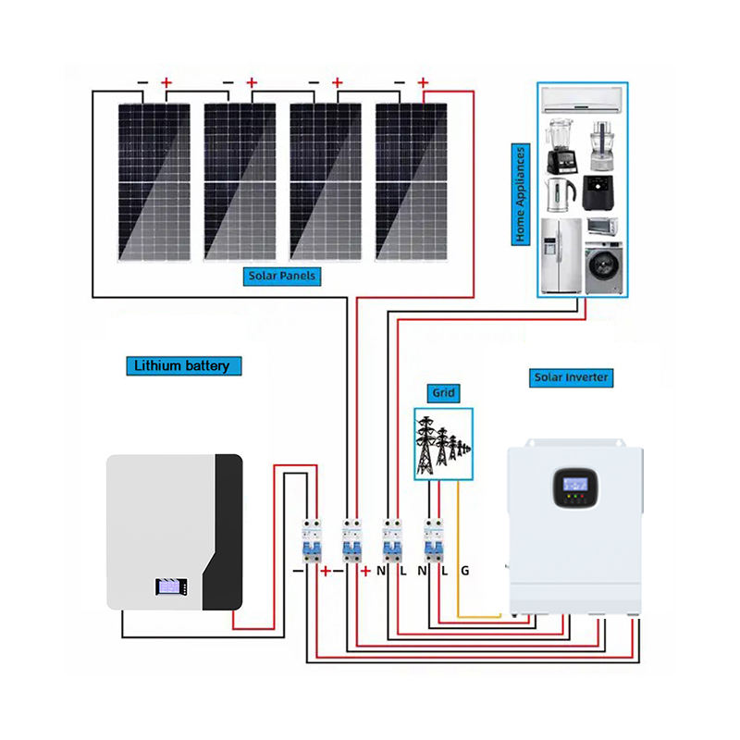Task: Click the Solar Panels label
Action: [x=282, y=276]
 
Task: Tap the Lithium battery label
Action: [x=183, y=365]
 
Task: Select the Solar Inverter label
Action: [x=571, y=377]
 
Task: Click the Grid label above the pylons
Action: [x=444, y=392]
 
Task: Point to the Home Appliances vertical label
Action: [x=521, y=194]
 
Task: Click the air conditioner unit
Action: [x=582, y=100]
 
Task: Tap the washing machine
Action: [x=604, y=268]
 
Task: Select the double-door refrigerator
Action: [x=561, y=256]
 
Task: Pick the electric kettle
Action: [x=561, y=194]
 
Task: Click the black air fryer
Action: [x=598, y=192]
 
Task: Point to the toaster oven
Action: [x=603, y=226]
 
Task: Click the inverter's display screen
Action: [x=575, y=484]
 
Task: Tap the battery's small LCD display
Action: [x=168, y=586]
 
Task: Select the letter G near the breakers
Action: [x=465, y=571]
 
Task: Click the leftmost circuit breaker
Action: [x=312, y=541]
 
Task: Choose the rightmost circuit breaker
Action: [x=434, y=541]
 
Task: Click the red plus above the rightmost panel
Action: [x=423, y=83]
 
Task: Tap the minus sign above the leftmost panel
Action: [x=142, y=83]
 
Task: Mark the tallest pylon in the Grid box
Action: [x=425, y=446]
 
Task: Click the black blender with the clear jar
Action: [x=561, y=146]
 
